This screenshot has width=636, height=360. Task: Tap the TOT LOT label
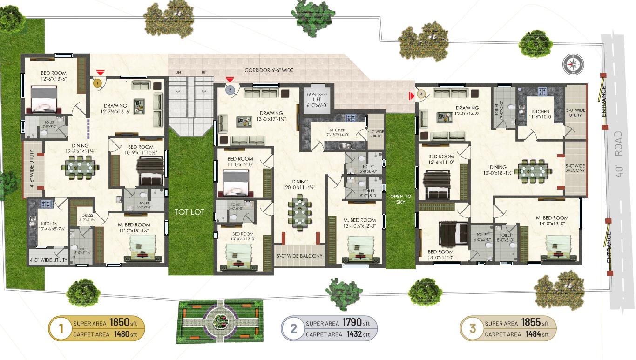[189, 212]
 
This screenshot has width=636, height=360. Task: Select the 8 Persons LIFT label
[317, 100]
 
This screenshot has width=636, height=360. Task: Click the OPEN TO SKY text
[400, 199]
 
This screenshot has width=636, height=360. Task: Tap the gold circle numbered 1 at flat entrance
[97, 83]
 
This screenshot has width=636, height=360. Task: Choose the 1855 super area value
[530, 323]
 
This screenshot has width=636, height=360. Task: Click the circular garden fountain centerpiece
[219, 320]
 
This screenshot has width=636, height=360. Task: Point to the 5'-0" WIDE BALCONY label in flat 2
[299, 256]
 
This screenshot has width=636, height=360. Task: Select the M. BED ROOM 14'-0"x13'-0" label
[552, 221]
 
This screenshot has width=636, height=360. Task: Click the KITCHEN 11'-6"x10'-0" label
[541, 115]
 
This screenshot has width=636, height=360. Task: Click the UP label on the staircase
[204, 73]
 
